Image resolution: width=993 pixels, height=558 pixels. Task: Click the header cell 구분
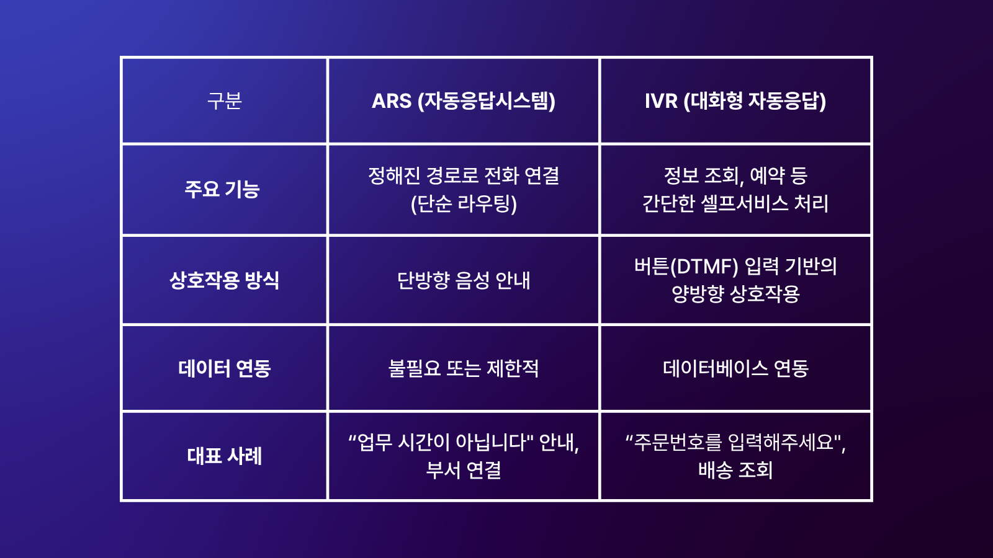point(224,100)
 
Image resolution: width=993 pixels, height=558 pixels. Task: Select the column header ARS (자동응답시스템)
point(463,100)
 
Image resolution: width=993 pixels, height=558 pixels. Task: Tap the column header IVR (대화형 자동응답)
point(735,100)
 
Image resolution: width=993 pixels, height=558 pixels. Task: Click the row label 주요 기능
point(222,189)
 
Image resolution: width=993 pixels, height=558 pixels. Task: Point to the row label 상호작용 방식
point(224,280)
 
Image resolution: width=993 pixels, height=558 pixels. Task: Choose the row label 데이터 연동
point(224,368)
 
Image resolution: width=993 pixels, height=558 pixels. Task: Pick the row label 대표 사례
point(224,456)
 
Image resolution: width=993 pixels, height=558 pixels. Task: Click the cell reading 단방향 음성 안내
point(463,280)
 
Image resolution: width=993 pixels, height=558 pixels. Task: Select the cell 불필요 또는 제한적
point(463,368)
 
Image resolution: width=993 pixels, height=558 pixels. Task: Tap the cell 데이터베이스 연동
point(735,368)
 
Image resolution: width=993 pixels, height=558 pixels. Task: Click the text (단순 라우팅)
point(463,203)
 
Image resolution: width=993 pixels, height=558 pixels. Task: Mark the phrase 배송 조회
point(735,470)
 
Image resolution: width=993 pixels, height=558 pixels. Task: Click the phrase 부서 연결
point(463,470)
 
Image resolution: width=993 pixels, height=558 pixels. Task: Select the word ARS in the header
point(392,100)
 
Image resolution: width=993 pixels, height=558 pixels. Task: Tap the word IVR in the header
point(661,100)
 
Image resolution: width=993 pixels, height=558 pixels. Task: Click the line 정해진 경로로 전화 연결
point(463,175)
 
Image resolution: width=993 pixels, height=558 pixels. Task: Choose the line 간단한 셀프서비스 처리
point(735,203)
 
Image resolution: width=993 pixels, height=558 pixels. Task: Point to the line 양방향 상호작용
point(735,294)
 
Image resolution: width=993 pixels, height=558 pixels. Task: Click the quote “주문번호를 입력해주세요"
point(735,442)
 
